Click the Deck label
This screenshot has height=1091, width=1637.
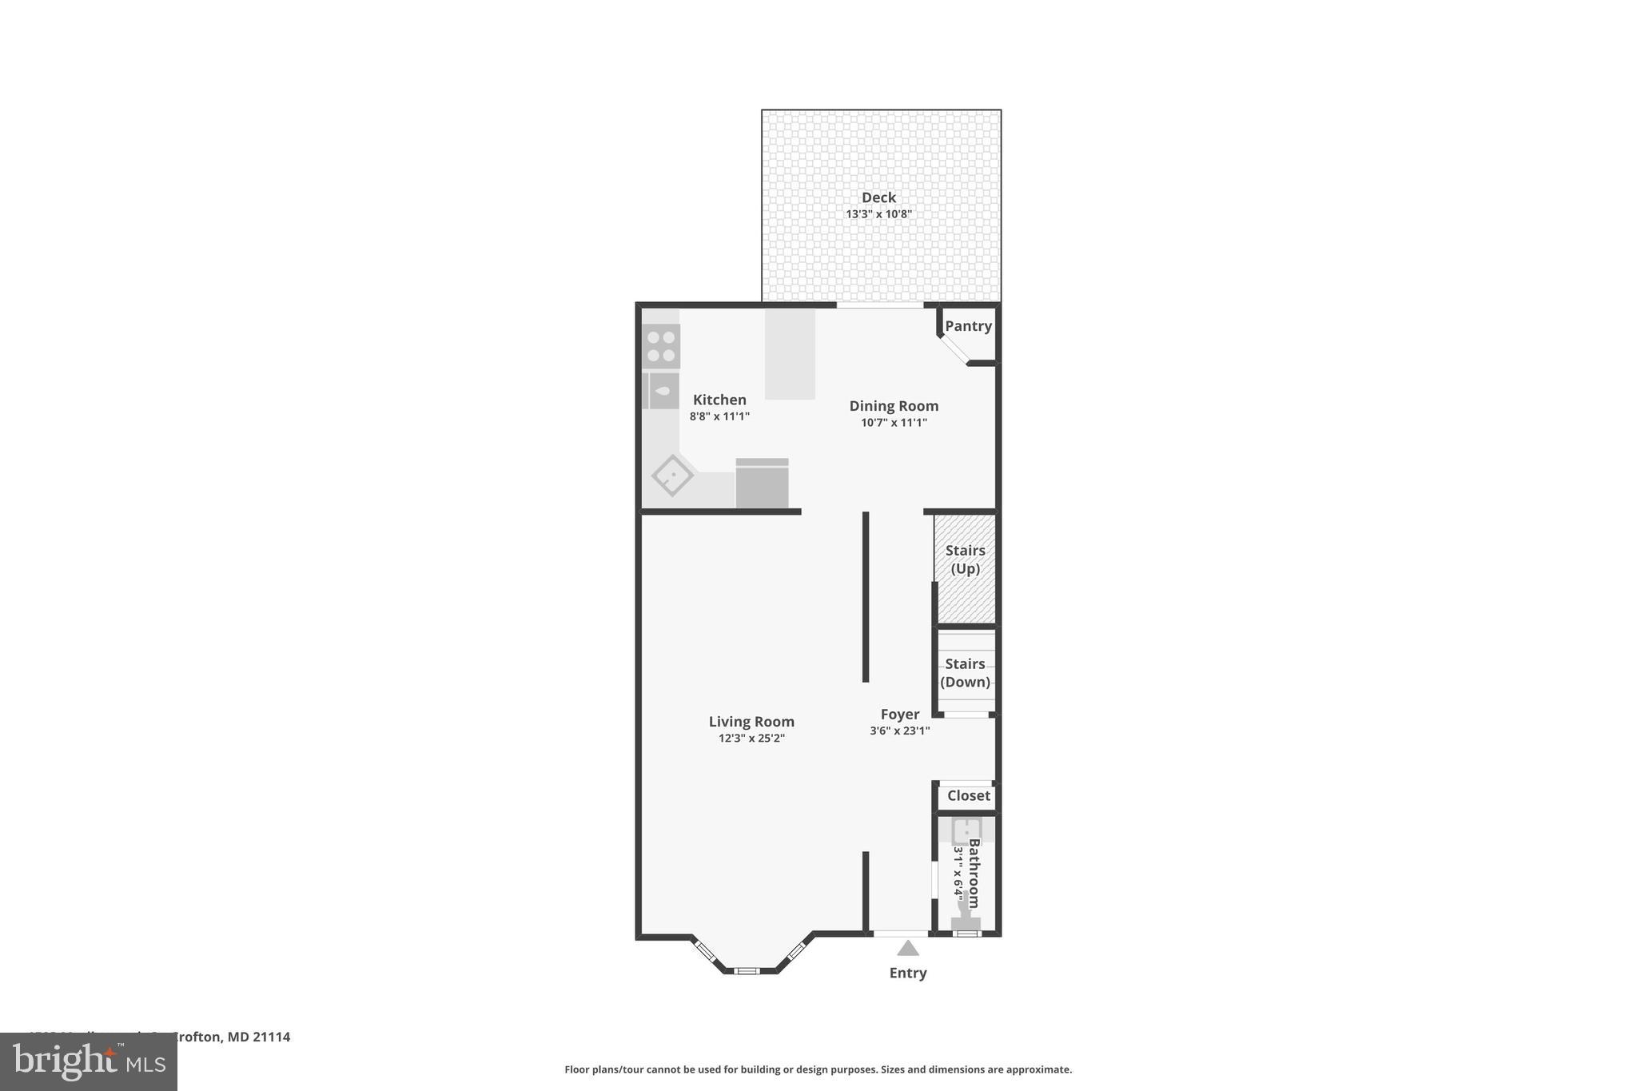(878, 197)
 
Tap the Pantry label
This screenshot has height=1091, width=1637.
(968, 326)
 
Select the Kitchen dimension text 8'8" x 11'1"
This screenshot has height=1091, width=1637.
(719, 416)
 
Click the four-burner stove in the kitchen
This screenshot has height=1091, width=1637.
(661, 346)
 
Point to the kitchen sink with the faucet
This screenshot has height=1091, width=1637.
(662, 392)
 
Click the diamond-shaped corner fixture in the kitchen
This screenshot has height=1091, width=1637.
(672, 476)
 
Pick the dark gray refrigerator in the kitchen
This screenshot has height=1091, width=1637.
(762, 484)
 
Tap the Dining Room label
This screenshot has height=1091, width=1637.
(894, 406)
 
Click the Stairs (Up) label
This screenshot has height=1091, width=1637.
(965, 559)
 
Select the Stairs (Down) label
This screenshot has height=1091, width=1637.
(965, 673)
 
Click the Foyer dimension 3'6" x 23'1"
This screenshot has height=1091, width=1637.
(899, 731)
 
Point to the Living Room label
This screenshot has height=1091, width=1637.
(751, 722)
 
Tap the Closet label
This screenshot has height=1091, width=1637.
(969, 796)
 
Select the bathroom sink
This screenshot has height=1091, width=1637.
(966, 831)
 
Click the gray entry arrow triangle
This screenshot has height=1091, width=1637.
(907, 949)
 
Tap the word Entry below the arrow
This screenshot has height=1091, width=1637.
(908, 974)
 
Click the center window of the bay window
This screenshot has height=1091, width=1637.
(747, 970)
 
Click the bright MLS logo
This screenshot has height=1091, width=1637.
(89, 1061)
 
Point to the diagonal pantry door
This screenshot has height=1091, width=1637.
(953, 350)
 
